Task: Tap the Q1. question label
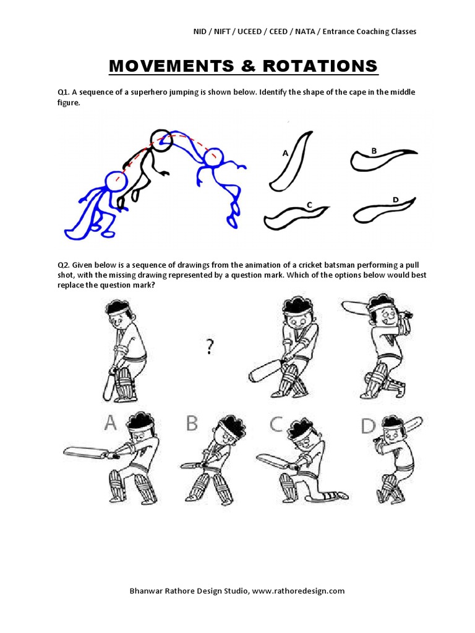coord(63,92)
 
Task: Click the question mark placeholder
coord(210,349)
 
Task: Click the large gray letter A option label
coord(109,422)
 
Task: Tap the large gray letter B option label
coord(192,423)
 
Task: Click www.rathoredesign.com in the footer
coord(299,590)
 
